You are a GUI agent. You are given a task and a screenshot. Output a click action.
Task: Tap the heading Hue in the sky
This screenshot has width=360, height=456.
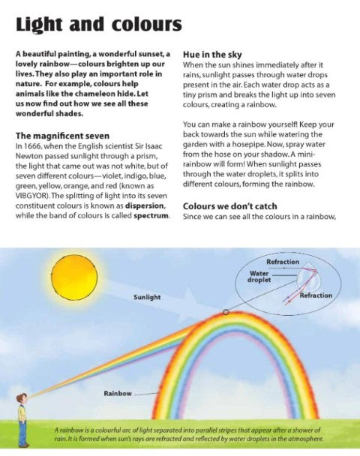(x=214, y=55)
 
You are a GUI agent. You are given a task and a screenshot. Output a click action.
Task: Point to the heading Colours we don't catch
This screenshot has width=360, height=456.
(x=229, y=205)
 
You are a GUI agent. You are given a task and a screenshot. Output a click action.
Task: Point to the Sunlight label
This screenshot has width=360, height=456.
(x=147, y=297)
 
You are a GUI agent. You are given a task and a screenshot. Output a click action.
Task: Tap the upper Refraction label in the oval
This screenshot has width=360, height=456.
(x=282, y=262)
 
